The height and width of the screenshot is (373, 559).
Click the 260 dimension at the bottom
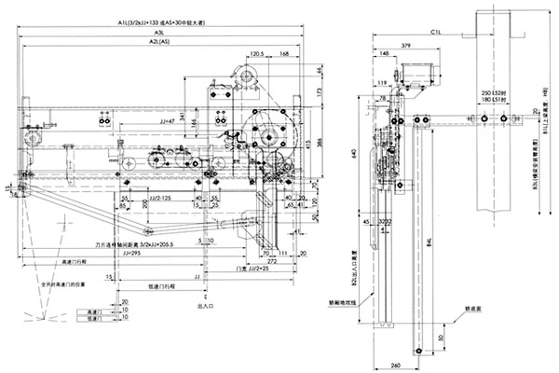tap(397, 366)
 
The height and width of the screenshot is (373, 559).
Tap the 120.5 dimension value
tap(239, 54)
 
